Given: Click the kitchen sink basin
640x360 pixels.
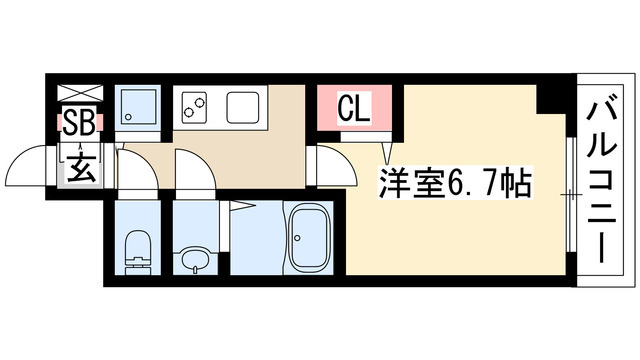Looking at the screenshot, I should [x=243, y=105].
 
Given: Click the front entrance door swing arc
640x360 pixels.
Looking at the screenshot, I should [x=35, y=163].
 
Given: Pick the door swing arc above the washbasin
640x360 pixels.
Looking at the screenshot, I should [x=192, y=172].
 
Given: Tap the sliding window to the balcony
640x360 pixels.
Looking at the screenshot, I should [x=570, y=190].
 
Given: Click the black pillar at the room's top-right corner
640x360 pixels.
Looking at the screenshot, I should [x=551, y=98].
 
